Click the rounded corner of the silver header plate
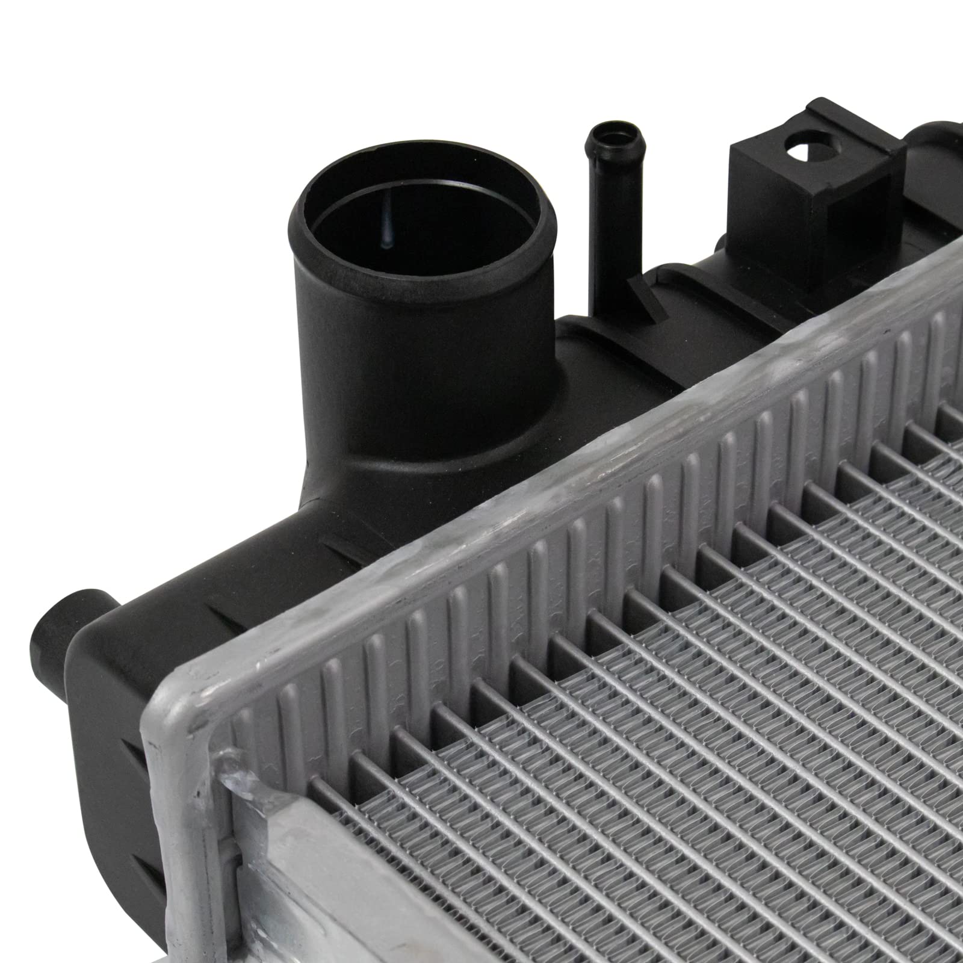coord(175,710)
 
